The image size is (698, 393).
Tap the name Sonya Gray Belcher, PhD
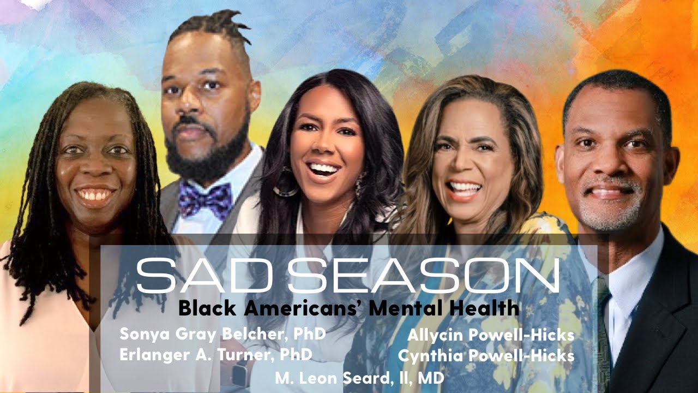tap(222, 334)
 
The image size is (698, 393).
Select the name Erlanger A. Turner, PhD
tap(216, 354)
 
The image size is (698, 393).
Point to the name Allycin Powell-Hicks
tap(491, 335)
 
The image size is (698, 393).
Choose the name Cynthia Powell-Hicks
tap(486, 356)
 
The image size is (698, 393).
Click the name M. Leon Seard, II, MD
tap(359, 378)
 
